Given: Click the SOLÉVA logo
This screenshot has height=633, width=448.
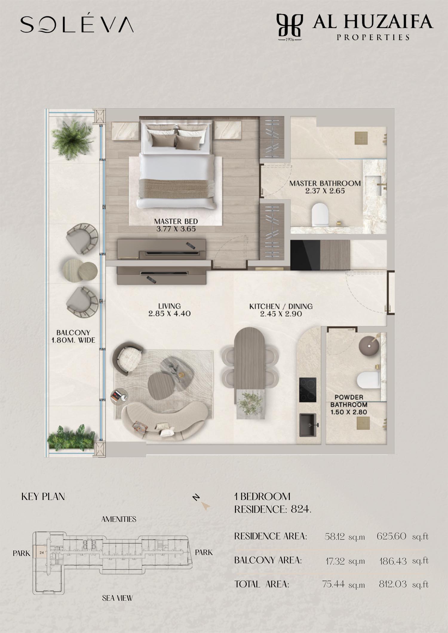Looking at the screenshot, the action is (x=77, y=24).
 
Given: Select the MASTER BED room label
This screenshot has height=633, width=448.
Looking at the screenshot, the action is (x=176, y=225).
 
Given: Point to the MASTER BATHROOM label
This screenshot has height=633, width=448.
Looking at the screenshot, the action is (x=325, y=187).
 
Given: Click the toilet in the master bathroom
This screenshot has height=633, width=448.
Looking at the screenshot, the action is (x=320, y=214).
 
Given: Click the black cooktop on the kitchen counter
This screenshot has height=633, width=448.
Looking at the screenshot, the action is (x=308, y=389).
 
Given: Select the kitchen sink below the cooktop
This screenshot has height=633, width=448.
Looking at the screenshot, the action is (x=308, y=425).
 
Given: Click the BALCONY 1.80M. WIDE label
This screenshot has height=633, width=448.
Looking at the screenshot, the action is (x=73, y=336).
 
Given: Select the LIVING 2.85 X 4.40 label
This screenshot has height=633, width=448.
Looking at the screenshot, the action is (x=169, y=309).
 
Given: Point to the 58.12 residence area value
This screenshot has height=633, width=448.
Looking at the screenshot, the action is (x=335, y=537).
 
